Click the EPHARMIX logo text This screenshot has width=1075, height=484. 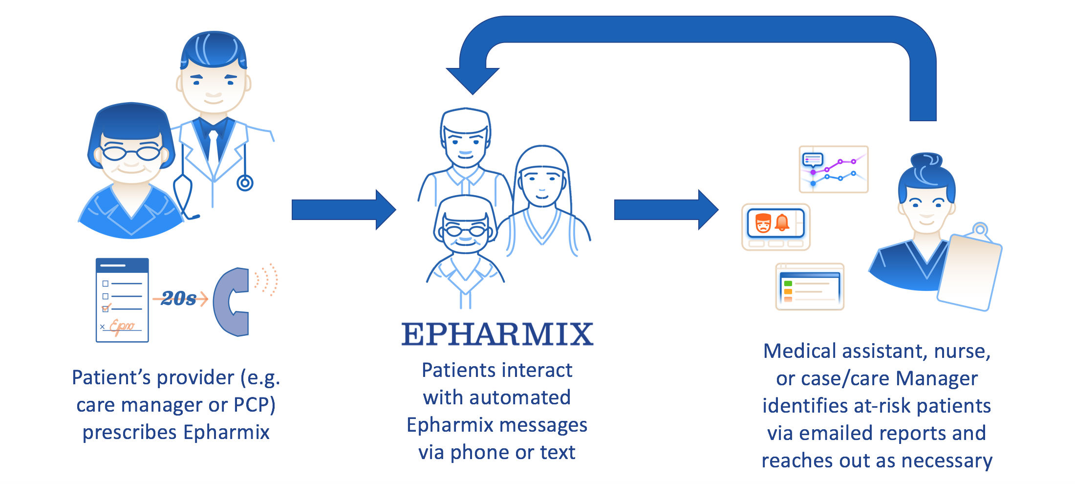click(x=497, y=334)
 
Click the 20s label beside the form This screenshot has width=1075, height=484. click(x=178, y=298)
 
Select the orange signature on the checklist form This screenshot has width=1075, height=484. click(x=121, y=326)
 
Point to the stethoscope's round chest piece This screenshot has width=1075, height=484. click(x=245, y=183)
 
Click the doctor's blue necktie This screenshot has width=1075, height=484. click(x=214, y=147)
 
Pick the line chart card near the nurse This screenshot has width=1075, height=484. click(x=834, y=169)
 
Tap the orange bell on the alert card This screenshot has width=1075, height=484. click(x=782, y=222)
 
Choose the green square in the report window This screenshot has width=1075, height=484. click(x=788, y=284)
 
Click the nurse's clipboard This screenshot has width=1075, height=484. click(x=970, y=271)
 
